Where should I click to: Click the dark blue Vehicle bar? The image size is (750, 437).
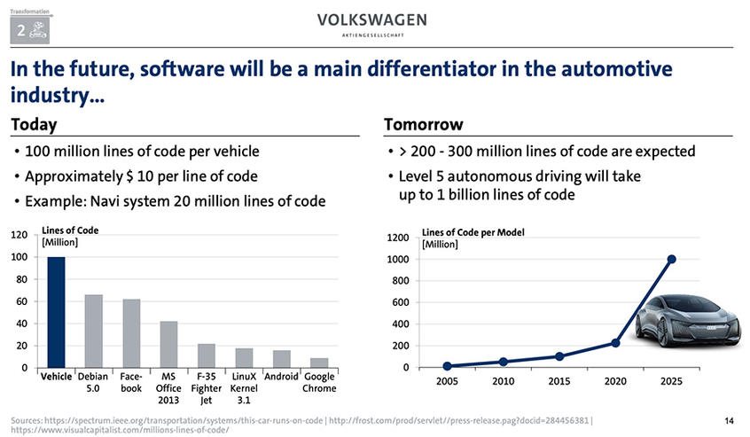coord(56,312)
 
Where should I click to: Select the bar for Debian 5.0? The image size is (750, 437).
coord(93,331)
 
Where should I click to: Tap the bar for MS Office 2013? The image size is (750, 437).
coord(168,344)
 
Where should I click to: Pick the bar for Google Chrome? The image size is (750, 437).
coord(318,363)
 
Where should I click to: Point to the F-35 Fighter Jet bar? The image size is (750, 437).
coord(206,355)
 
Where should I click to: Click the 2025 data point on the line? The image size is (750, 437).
coord(671,259)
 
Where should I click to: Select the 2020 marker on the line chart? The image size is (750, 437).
coord(615,343)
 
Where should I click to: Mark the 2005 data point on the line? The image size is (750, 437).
coord(448,366)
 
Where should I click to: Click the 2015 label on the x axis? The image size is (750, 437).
coord(559,382)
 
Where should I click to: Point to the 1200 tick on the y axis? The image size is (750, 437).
coord(398,238)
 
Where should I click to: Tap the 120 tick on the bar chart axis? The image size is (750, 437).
coord(18,236)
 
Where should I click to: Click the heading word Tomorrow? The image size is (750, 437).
coord(424,124)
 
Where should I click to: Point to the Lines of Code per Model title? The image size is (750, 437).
coord(473,232)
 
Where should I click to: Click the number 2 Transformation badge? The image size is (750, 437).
coord(27,28)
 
